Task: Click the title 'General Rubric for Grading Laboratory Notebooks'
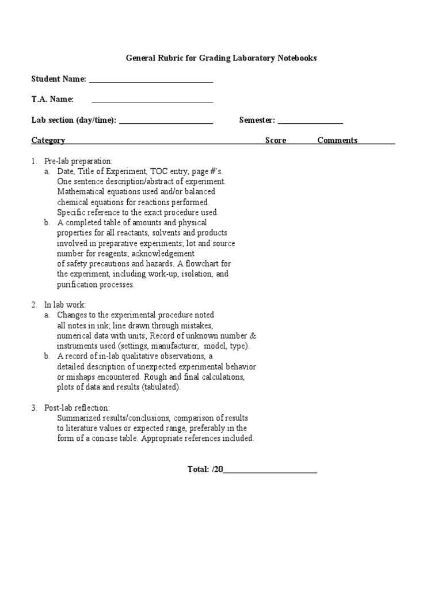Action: coord(221,58)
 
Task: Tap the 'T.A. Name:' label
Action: coord(52,99)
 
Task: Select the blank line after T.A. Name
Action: coord(153,103)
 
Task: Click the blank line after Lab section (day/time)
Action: coord(166,123)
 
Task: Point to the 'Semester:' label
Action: coord(257,120)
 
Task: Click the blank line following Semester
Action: coord(311,123)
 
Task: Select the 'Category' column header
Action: coord(48,140)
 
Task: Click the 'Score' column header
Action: coord(275,140)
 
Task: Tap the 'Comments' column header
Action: coord(337,140)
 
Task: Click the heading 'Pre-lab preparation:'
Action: coord(79,161)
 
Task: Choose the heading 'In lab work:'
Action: coord(65,304)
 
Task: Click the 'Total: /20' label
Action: coord(205,469)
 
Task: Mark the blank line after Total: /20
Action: coord(270,472)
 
